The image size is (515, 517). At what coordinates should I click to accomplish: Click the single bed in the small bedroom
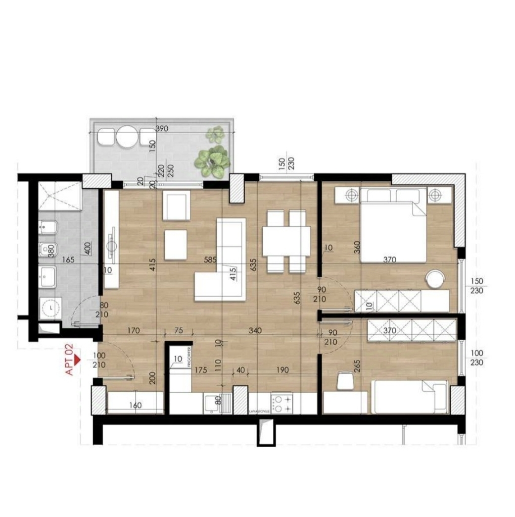(x=410, y=397)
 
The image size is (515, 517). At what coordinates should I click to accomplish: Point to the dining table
(x=286, y=241)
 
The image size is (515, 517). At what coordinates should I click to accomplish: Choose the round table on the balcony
(x=127, y=137)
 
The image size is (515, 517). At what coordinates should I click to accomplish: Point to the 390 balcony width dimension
(x=162, y=129)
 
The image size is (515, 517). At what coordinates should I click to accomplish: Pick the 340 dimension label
(x=256, y=330)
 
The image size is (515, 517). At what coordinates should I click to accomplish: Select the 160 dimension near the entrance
(x=135, y=406)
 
